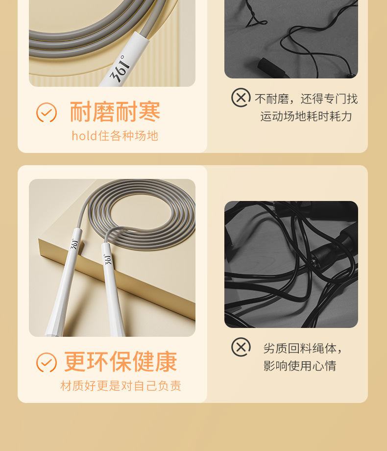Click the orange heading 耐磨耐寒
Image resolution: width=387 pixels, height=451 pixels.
point(115,112)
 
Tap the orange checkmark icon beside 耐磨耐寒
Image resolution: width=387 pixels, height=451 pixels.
point(46,112)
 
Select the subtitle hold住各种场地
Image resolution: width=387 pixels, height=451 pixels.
point(115,136)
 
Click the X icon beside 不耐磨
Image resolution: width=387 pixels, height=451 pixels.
point(241,98)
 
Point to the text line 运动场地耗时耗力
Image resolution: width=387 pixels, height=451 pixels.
point(306,116)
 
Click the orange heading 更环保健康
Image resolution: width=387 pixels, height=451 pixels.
point(121,362)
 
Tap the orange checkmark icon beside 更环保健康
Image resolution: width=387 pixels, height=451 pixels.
point(46,362)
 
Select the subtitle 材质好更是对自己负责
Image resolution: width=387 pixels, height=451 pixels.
point(121,386)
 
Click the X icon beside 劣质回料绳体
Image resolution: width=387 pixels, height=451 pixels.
point(241,347)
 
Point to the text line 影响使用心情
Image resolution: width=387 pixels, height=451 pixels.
point(300,366)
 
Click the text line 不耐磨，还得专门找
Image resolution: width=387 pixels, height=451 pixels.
point(306,99)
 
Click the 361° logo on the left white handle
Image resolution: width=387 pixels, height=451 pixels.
point(74,244)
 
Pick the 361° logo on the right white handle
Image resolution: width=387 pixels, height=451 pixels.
point(108,259)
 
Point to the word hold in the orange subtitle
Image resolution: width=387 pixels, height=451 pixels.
point(84,136)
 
